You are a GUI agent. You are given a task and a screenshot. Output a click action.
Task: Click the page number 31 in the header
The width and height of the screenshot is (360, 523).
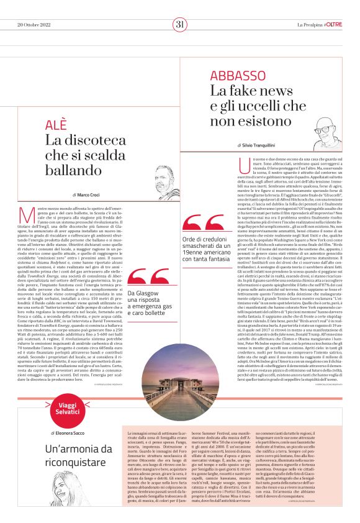click(x=180, y=24)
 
